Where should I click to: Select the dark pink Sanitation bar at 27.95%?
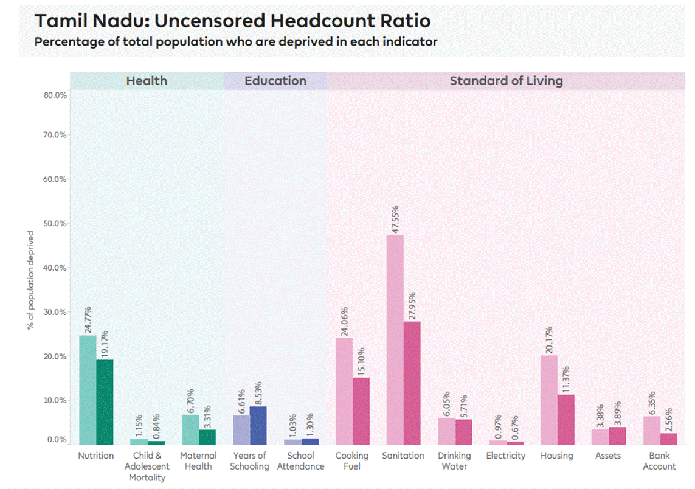[x=412, y=383]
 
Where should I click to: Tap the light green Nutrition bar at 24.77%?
[x=88, y=389]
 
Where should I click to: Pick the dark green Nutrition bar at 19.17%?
[x=105, y=401]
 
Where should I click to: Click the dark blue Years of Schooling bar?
[x=258, y=425]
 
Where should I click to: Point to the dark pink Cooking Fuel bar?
[x=361, y=411]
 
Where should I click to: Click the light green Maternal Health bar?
[x=190, y=429]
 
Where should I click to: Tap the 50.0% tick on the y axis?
[x=55, y=223]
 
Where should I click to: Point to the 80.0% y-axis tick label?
[x=55, y=95]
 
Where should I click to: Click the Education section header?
[x=275, y=81]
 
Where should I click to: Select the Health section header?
[x=147, y=81]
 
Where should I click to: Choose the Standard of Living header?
[x=506, y=81]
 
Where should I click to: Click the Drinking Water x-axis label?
[x=454, y=460]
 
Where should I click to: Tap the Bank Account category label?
[x=659, y=460]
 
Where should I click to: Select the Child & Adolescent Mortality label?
[x=147, y=466]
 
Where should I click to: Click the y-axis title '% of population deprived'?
[x=30, y=280]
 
